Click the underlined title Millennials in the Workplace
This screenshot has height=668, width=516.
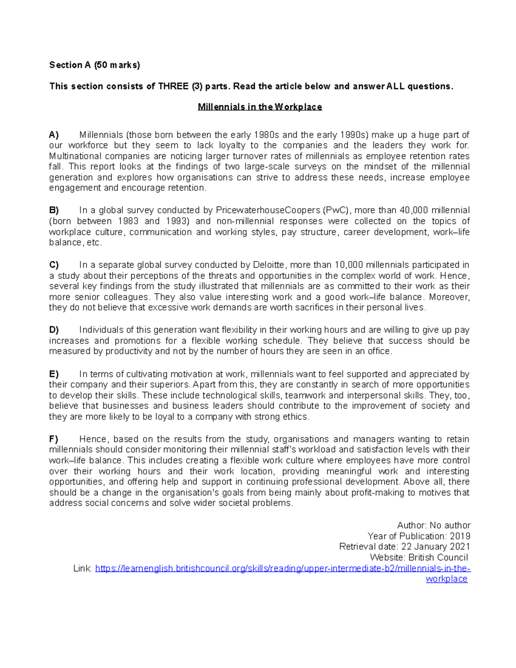tap(260, 107)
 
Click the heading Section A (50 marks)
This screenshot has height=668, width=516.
tap(95, 65)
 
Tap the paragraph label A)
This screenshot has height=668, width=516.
tap(54, 135)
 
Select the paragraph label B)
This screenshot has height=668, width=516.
tap(54, 210)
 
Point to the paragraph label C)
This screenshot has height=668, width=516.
tap(54, 265)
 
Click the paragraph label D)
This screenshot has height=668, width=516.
tap(54, 330)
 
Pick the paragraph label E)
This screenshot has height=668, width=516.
tap(54, 374)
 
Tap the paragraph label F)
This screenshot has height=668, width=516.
tap(53, 439)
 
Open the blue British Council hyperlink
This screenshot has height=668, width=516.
tap(283, 569)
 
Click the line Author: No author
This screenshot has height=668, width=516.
tap(433, 525)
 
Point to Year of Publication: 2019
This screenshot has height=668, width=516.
tap(419, 536)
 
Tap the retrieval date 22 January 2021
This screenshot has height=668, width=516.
tap(435, 547)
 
